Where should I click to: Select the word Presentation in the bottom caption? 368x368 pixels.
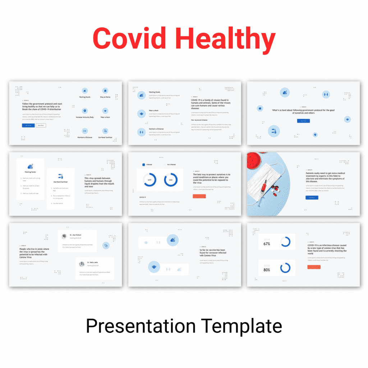coord(141,326)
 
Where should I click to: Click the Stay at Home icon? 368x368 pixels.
coord(105,91)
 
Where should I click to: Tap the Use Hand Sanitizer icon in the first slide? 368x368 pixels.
coord(105,131)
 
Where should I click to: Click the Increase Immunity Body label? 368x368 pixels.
coord(84,117)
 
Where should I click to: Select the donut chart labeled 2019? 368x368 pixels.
coord(149,180)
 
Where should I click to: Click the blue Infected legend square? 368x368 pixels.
coord(144,165)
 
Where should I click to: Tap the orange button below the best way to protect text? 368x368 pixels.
coord(199,196)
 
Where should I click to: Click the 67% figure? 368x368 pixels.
coord(267,244)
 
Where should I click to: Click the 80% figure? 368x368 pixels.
coord(267,270)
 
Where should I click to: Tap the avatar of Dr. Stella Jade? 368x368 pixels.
coord(82,264)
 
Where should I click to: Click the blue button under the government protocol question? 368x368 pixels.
coord(303,121)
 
